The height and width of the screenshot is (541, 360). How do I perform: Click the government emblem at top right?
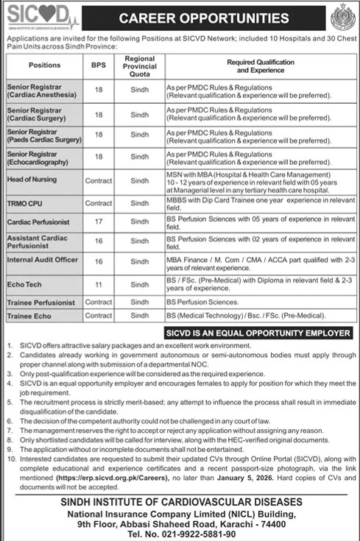coord(342,16)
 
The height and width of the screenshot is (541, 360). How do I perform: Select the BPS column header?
coord(98,65)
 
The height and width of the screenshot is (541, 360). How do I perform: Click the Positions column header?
coord(45,65)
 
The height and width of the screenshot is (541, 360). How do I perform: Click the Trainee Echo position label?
coord(28,315)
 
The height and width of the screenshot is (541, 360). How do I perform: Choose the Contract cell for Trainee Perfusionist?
coord(98,302)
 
